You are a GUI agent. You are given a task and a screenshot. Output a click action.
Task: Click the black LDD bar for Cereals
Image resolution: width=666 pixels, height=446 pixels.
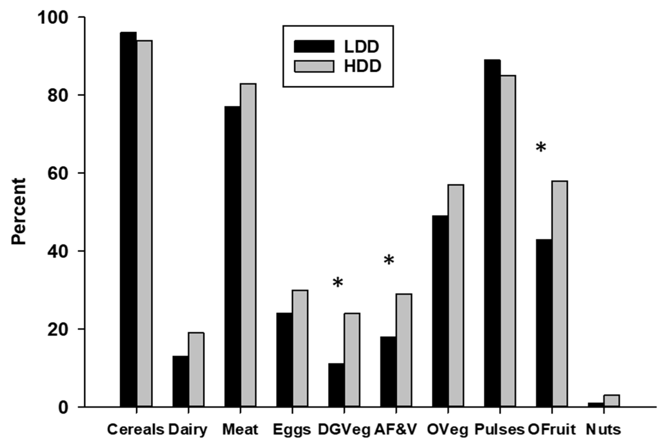click(x=128, y=219)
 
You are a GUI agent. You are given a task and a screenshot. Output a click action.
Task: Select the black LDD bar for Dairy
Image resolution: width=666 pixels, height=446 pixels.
click(x=181, y=381)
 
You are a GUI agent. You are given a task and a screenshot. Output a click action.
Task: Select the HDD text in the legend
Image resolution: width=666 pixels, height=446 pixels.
click(x=362, y=67)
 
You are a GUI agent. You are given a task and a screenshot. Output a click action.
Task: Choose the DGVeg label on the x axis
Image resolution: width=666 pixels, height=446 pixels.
click(x=344, y=430)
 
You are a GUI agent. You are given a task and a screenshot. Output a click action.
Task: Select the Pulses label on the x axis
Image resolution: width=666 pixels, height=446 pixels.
click(x=499, y=430)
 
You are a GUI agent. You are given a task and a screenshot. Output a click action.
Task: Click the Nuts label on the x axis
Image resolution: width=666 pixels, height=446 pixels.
click(x=603, y=430)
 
